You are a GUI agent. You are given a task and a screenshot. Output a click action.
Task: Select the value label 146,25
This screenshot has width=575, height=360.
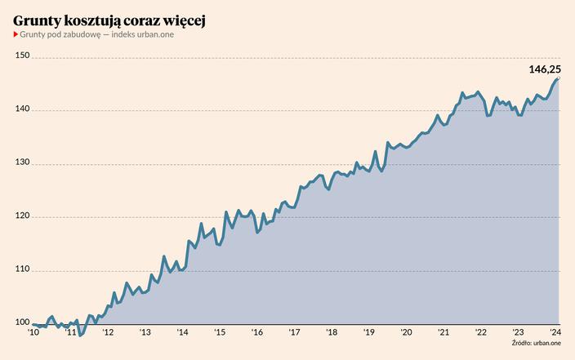(544, 70)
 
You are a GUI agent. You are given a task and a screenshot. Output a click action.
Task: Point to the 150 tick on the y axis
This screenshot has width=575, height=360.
(22, 56)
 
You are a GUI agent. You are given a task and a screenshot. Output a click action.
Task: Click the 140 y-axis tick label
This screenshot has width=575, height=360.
(22, 109)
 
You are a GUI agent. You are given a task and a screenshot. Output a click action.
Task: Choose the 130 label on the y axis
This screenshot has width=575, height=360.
(22, 163)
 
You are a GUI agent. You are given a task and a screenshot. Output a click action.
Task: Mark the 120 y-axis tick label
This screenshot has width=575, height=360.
(22, 216)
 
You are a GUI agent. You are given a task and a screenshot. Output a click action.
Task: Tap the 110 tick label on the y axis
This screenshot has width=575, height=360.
(22, 270)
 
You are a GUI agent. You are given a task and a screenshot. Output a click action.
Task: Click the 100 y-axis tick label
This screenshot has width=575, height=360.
(22, 323)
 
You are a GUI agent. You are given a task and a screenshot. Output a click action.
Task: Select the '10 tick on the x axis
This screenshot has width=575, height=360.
(33, 332)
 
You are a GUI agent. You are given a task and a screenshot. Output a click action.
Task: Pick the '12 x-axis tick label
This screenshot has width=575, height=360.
(108, 332)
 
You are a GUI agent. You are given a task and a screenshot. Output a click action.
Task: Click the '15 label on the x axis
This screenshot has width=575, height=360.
(220, 332)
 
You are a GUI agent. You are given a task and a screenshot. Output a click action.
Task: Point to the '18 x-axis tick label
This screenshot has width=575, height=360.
(332, 332)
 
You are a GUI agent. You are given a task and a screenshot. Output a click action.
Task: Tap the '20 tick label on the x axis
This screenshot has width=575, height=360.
(406, 332)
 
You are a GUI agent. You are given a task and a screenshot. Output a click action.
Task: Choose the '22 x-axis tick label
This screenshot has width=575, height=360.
(481, 332)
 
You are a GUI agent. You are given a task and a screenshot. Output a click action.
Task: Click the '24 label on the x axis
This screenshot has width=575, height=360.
(555, 332)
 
